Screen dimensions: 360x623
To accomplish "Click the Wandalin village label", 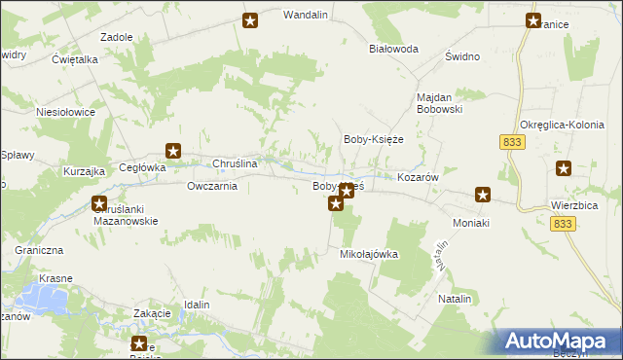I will [305, 16].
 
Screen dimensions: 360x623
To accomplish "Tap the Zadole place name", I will [117, 37].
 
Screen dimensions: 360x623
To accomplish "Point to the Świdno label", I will [462, 56].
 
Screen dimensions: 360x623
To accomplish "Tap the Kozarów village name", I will [421, 178].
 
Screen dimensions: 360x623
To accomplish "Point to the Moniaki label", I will [474, 223].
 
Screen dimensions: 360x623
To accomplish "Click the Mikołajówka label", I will [369, 254].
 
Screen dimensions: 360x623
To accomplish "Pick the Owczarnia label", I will [212, 186].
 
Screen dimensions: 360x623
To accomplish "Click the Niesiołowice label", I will [65, 112].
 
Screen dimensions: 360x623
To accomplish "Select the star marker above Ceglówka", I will [173, 150].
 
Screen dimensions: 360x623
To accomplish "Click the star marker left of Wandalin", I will [250, 20].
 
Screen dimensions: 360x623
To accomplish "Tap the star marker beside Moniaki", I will [482, 195].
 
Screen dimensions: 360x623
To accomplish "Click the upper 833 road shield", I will [513, 142].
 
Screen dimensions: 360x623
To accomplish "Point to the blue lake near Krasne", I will [47, 298].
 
